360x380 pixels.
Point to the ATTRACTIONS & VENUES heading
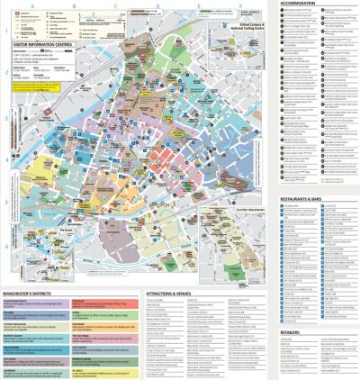coord(168,294)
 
